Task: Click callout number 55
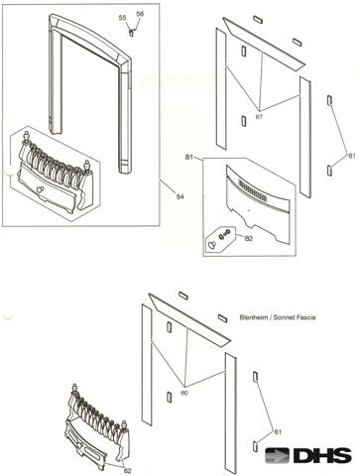[123, 18]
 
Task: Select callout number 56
[140, 14]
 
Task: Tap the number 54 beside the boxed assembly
[180, 197]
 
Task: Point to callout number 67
[259, 117]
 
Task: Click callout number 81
[189, 158]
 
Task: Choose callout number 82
[249, 238]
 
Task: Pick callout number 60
[184, 393]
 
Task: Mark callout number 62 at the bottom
[127, 471]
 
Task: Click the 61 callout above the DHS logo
[278, 431]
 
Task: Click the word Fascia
[305, 317]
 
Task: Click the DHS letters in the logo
[322, 456]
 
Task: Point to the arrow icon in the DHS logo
[278, 456]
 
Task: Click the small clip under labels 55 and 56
[132, 33]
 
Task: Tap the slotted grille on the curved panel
[253, 191]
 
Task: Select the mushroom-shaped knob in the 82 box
[211, 244]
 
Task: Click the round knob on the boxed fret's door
[41, 189]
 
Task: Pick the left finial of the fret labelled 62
[75, 388]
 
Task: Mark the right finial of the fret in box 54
[86, 165]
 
